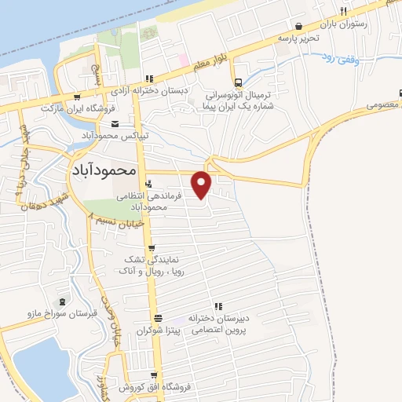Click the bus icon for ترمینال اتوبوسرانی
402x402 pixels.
[237, 82]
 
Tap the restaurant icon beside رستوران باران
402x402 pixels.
[344, 11]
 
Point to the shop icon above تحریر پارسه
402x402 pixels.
[298, 26]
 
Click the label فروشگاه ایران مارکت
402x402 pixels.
[78, 108]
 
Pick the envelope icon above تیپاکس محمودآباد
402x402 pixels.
[115, 124]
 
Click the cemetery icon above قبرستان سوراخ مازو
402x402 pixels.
[63, 301]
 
